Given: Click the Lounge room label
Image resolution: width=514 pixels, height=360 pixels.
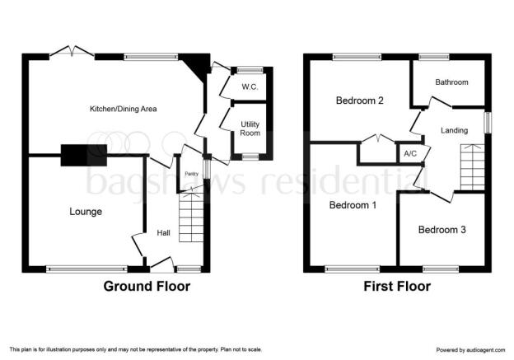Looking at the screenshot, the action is pyautogui.click(x=86, y=212).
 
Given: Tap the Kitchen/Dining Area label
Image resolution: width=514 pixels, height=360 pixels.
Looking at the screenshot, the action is pyautogui.click(x=124, y=109).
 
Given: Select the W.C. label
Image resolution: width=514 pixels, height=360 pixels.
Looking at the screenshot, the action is pyautogui.click(x=250, y=86).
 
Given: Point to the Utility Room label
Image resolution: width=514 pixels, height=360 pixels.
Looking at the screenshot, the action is pyautogui.click(x=250, y=129).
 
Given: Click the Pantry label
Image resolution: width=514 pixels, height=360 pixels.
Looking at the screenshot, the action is pyautogui.click(x=192, y=174).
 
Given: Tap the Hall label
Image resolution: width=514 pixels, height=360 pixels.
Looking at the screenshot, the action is pyautogui.click(x=163, y=233).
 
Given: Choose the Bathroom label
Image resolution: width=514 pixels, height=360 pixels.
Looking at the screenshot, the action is pyautogui.click(x=451, y=82).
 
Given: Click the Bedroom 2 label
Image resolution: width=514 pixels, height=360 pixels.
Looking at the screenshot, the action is pyautogui.click(x=360, y=101).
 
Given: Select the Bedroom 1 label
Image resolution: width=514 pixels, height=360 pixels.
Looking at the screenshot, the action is pyautogui.click(x=353, y=205).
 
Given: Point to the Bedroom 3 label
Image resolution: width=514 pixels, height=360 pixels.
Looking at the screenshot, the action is pyautogui.click(x=442, y=230).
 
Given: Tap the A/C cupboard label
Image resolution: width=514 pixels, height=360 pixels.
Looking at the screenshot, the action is pyautogui.click(x=410, y=153).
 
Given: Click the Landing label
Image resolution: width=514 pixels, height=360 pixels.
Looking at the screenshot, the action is pyautogui.click(x=454, y=130).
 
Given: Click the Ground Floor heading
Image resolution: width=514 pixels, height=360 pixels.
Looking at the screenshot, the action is pyautogui.click(x=147, y=286).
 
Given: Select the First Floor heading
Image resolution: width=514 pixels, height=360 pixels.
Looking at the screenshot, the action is pyautogui.click(x=397, y=286).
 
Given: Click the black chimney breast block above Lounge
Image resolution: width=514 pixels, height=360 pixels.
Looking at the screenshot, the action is pyautogui.click(x=83, y=155).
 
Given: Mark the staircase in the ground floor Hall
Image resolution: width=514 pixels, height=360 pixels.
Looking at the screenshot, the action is pyautogui.click(x=191, y=217).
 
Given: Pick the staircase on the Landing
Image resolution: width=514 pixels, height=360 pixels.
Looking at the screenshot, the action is pyautogui.click(x=472, y=167).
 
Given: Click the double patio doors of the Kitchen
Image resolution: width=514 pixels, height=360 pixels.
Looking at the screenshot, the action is pyautogui.click(x=72, y=51).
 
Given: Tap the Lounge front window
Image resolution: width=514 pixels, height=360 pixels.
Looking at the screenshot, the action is pyautogui.click(x=86, y=269).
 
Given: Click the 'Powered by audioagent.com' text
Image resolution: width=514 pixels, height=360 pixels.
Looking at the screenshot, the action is pyautogui.click(x=470, y=350).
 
